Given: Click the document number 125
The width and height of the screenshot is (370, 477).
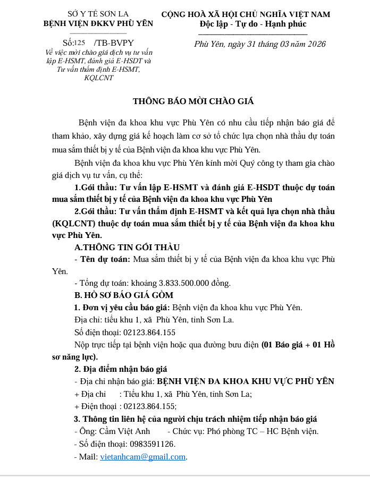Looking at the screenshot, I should coord(79,42).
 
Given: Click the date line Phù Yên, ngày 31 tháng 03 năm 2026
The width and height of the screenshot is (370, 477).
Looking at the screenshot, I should coord(260,44).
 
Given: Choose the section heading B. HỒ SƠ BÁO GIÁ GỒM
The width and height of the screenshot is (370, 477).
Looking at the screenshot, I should coord(123,295).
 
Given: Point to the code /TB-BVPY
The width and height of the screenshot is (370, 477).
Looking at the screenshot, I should coord(113,42).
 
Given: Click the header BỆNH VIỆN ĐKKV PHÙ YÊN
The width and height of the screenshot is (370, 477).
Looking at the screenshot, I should coord(98,23).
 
